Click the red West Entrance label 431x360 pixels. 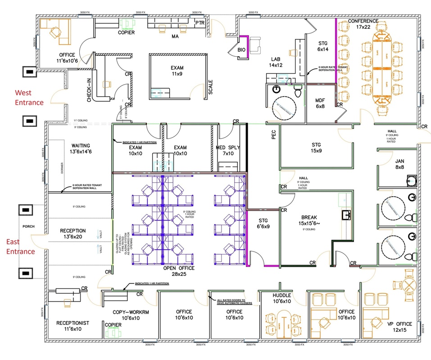[29, 98]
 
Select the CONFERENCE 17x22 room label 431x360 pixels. [363, 24]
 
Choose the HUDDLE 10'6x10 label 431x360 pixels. [282, 298]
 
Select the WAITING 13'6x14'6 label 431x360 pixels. [81, 148]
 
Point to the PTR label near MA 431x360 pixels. [200, 22]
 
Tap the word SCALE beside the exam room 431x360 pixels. [210, 87]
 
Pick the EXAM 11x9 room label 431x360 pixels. [177, 71]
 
